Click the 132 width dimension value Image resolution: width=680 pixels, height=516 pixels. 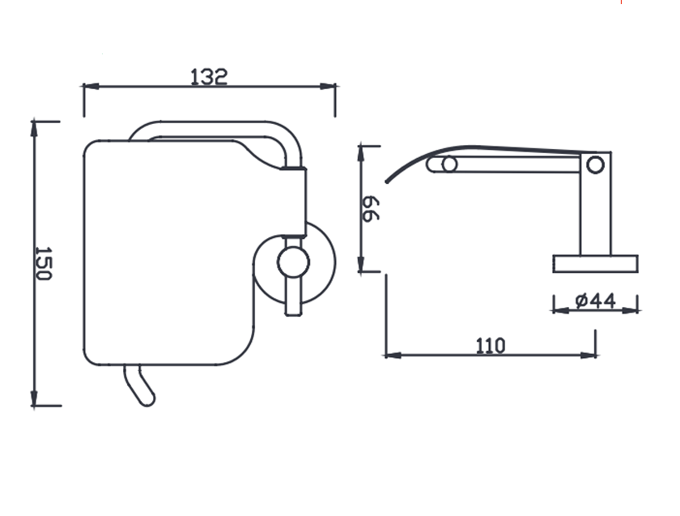pyautogui.click(x=209, y=76)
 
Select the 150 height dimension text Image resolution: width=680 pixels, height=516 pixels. pyautogui.click(x=44, y=263)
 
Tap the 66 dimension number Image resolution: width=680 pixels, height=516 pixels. pyautogui.click(x=370, y=209)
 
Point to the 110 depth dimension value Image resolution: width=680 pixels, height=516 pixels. pyautogui.click(x=490, y=346)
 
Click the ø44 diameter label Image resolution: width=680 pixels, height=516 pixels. pyautogui.click(x=595, y=301)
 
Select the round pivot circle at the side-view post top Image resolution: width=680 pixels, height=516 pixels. pyautogui.click(x=595, y=165)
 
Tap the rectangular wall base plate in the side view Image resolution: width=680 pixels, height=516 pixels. pyautogui.click(x=595, y=263)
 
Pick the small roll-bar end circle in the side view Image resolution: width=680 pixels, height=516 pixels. pyautogui.click(x=449, y=165)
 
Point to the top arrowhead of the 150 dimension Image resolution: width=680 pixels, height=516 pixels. pyautogui.click(x=34, y=126)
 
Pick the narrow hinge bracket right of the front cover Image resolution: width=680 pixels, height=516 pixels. pyautogui.click(x=295, y=203)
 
